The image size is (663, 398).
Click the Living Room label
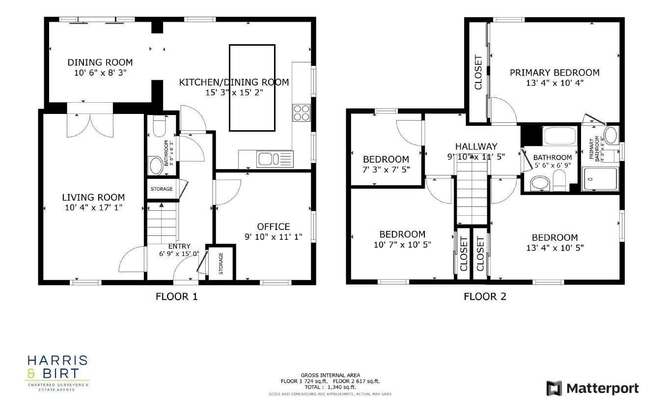[x=93, y=198]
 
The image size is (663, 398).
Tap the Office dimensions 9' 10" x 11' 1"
[x=274, y=236]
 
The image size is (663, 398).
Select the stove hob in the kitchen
[x=301, y=113]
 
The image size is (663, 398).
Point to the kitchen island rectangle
[x=252, y=88]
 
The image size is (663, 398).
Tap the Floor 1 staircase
[x=162, y=224]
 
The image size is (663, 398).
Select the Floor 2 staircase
[x=472, y=194]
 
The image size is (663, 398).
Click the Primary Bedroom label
[x=554, y=73]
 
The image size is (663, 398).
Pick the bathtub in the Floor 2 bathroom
[x=560, y=136]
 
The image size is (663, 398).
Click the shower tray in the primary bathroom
[x=601, y=178]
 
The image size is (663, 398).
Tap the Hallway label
[x=476, y=146]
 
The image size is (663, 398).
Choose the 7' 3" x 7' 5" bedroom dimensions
[x=386, y=169]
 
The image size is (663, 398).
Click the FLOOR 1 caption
[x=176, y=296]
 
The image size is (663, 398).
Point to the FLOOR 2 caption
[x=485, y=296]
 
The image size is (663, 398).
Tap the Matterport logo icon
[x=554, y=388]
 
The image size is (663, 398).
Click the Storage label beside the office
[x=221, y=263]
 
